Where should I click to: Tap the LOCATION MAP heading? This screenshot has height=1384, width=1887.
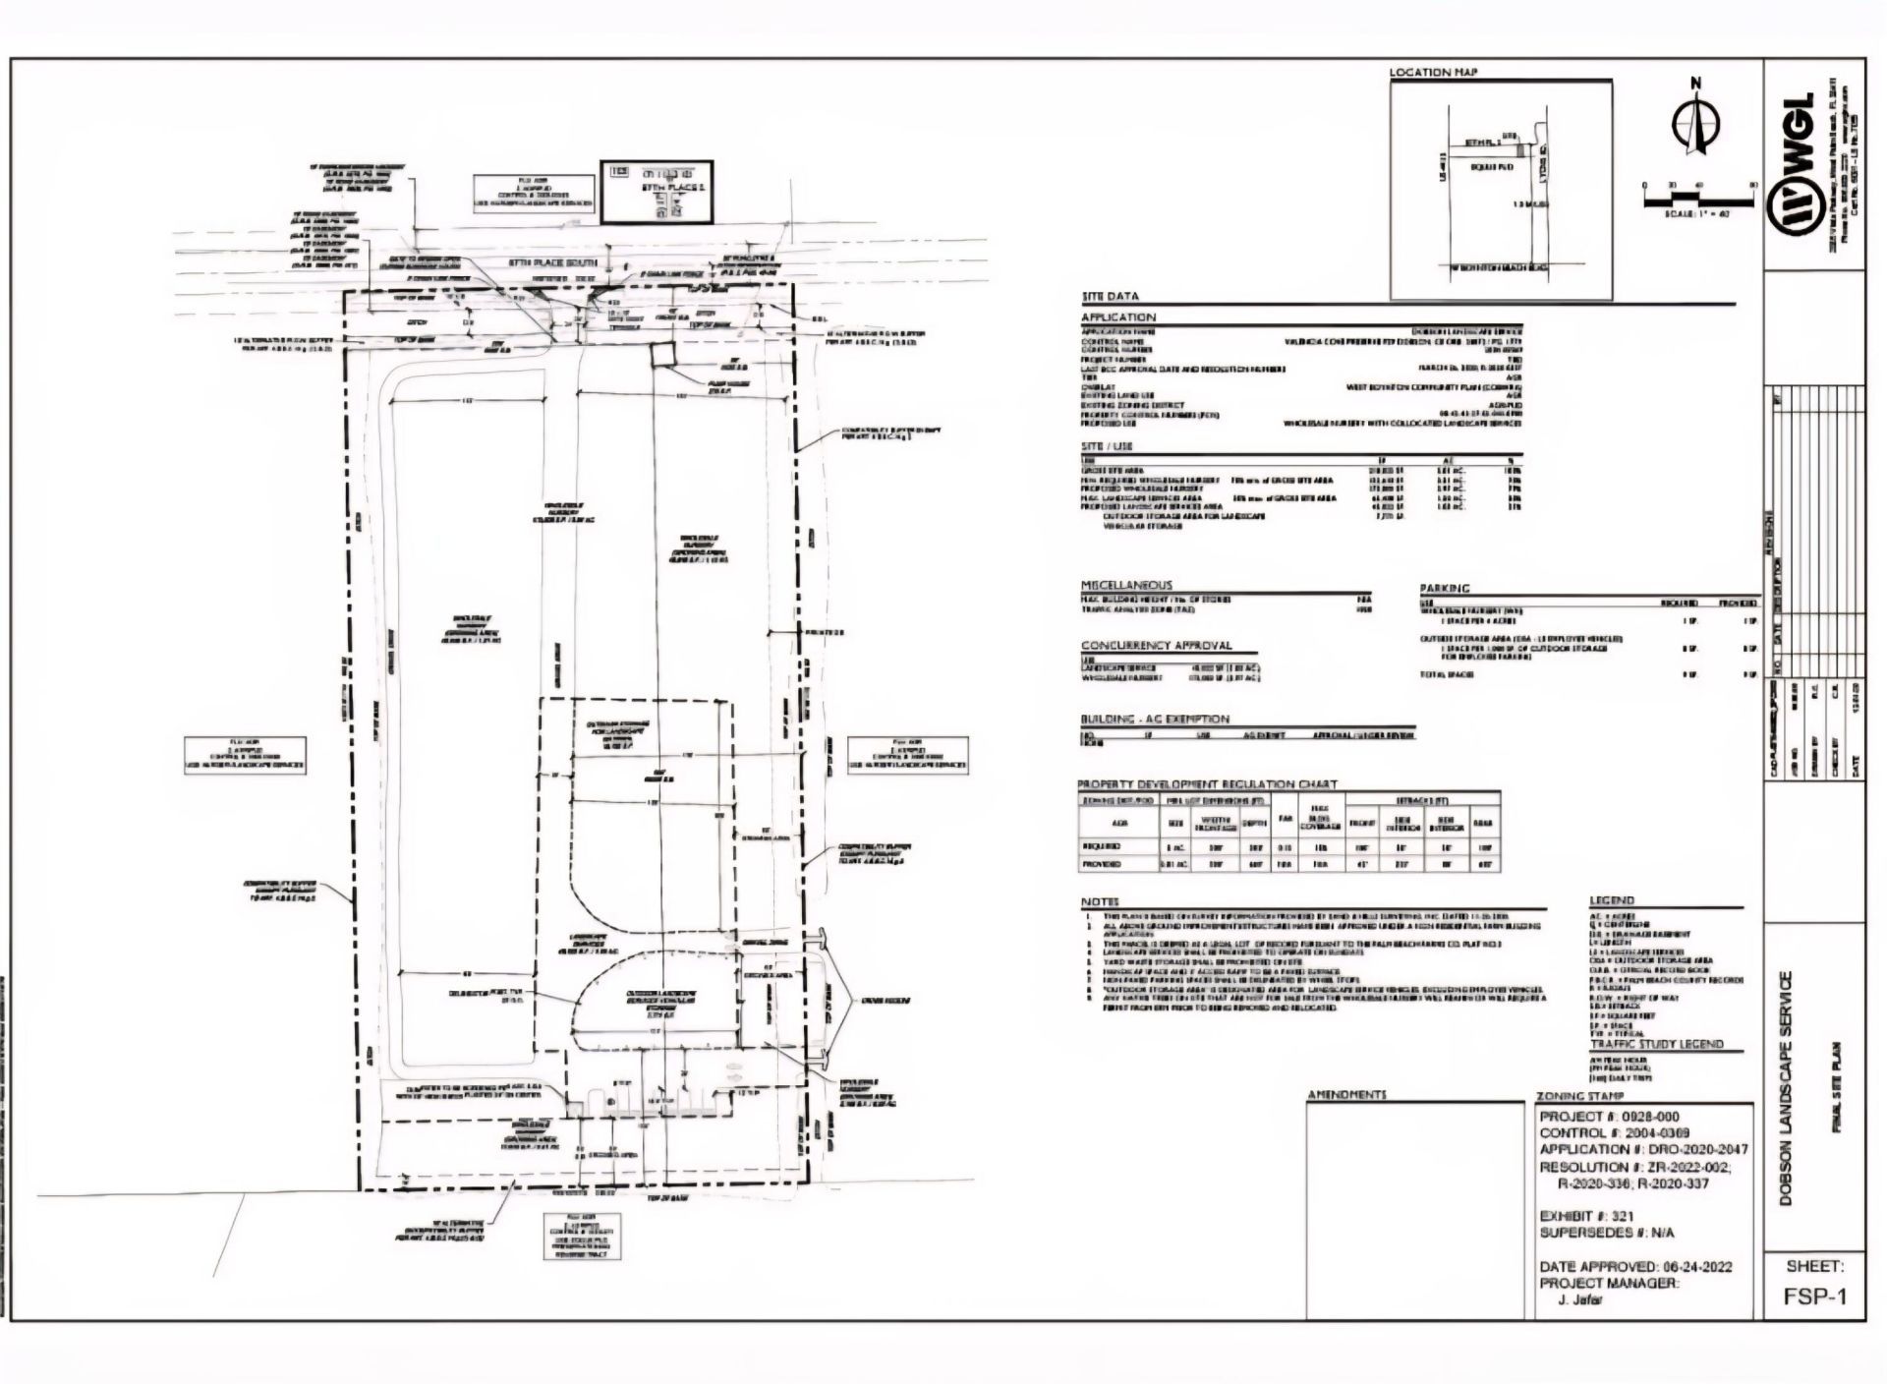pos(1433,73)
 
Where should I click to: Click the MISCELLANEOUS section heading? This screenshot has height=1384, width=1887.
pos(1126,585)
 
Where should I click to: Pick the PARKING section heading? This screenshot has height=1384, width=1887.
pos(1444,588)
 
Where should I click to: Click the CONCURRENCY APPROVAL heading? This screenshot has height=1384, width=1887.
pos(1156,646)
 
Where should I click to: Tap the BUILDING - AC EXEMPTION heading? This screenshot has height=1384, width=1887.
pos(1155,719)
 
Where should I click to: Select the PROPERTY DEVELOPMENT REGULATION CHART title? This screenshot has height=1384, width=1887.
pos(1208,784)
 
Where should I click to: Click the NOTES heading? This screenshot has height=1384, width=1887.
pos(1100,901)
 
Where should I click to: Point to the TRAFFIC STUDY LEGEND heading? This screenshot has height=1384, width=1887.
pos(1656,1044)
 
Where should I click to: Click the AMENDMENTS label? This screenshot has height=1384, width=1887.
pos(1346,1095)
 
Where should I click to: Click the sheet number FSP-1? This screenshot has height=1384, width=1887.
pos(1815,1297)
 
